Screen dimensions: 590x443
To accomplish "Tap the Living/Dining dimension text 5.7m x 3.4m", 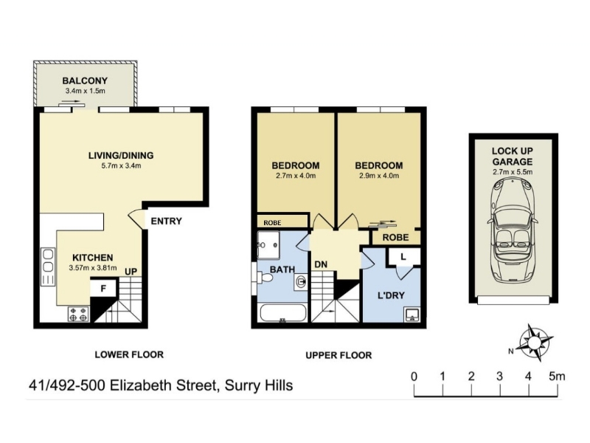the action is [x=121, y=165].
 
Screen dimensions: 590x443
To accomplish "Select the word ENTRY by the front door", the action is [x=167, y=221].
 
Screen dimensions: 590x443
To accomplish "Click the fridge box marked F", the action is [x=103, y=289].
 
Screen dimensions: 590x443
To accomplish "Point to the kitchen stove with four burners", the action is [x=79, y=315].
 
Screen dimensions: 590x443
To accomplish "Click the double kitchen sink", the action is [x=48, y=261].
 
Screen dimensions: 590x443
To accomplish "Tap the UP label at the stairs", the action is [x=131, y=272].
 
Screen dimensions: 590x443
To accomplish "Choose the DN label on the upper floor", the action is [x=321, y=265].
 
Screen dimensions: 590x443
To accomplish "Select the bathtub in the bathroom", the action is [x=283, y=312].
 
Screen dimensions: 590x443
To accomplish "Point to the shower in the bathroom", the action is [x=268, y=245].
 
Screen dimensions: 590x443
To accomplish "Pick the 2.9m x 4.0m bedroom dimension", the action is [x=379, y=176].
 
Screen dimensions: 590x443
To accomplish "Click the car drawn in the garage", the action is [x=513, y=230].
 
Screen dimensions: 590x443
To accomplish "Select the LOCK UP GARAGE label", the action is [x=513, y=157].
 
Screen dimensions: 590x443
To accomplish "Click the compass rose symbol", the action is [x=535, y=342].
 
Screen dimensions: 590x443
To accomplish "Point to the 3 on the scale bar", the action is [x=500, y=377].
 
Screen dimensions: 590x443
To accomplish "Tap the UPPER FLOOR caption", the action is [x=339, y=355].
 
